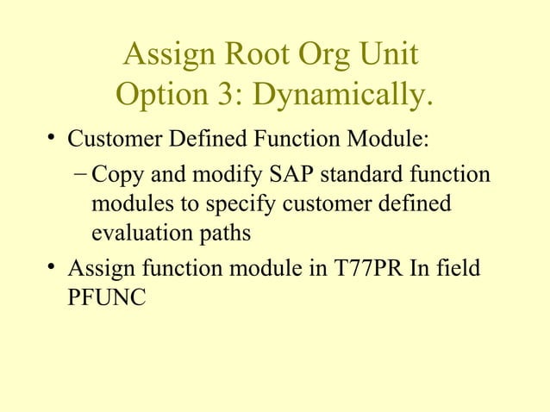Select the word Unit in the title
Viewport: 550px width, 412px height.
[391, 57]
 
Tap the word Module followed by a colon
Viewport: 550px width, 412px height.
[394, 138]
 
